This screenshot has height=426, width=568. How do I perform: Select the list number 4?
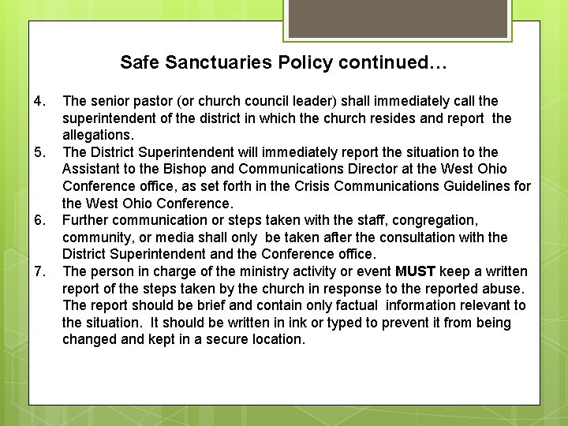(41, 101)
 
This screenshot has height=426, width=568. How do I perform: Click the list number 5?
(41, 152)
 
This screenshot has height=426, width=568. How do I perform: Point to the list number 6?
(41, 220)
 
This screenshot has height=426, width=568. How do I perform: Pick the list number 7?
(41, 271)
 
